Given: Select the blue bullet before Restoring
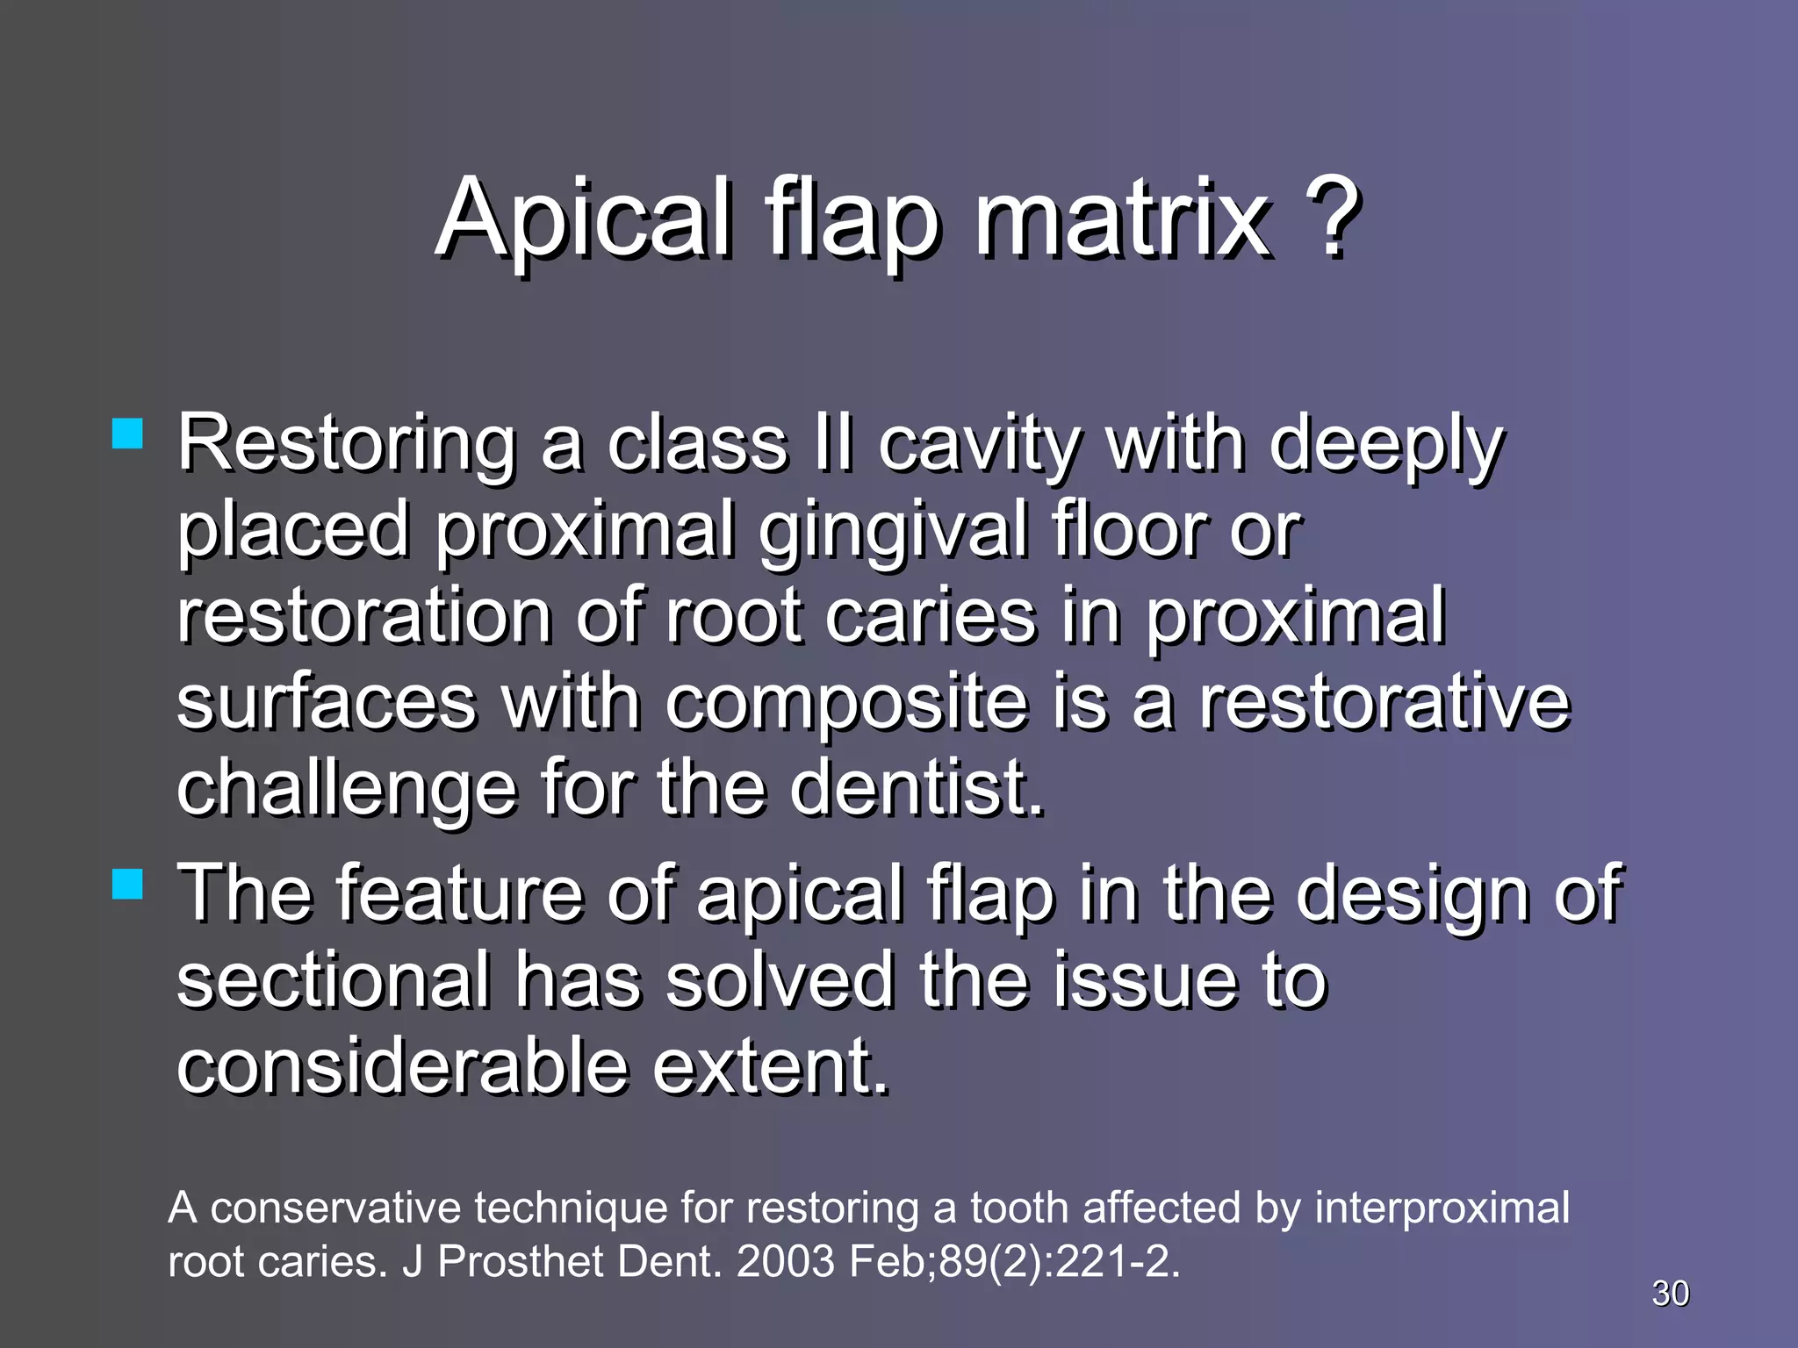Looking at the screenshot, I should pos(128,434).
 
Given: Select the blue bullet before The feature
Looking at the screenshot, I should pos(128,884).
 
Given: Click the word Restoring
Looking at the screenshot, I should pos(347,444).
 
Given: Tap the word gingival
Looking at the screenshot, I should pos(892,532).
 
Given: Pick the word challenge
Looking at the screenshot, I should pos(347,789).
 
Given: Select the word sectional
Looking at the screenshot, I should pos(334,980).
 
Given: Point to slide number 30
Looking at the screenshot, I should pos(1670,1294).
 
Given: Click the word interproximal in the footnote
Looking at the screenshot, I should pos(1442,1208).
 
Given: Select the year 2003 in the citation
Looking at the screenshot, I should pos(786,1262).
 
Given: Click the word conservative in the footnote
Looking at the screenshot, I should pos(335,1208).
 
